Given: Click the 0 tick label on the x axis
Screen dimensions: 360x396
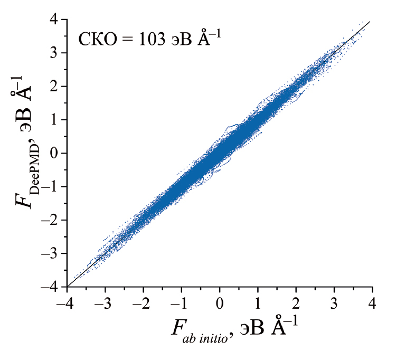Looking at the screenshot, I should (220, 305).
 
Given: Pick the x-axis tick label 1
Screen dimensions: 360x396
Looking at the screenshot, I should (258, 305).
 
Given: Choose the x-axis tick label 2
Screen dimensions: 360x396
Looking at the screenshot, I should (296, 305).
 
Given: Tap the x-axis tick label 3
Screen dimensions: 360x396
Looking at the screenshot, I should (334, 305).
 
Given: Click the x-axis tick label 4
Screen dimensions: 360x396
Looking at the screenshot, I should (372, 305).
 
